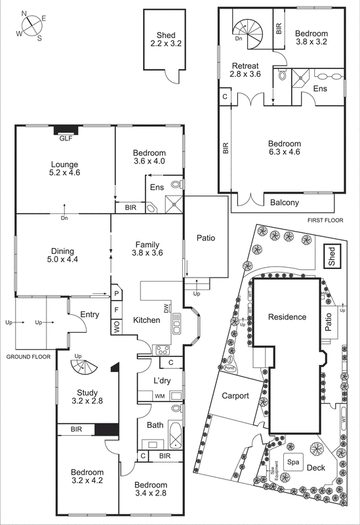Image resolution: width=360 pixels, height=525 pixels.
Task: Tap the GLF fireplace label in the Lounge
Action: (x=66, y=138)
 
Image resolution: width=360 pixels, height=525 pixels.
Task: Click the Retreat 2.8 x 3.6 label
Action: (x=244, y=70)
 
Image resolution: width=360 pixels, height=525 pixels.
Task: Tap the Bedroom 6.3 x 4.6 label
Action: (x=284, y=148)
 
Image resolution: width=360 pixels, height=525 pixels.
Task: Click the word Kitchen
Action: (x=147, y=320)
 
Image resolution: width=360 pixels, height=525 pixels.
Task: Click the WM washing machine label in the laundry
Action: (x=159, y=396)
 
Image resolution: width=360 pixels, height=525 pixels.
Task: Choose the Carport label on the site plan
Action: (x=235, y=396)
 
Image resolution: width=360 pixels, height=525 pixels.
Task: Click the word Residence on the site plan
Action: (x=287, y=317)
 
